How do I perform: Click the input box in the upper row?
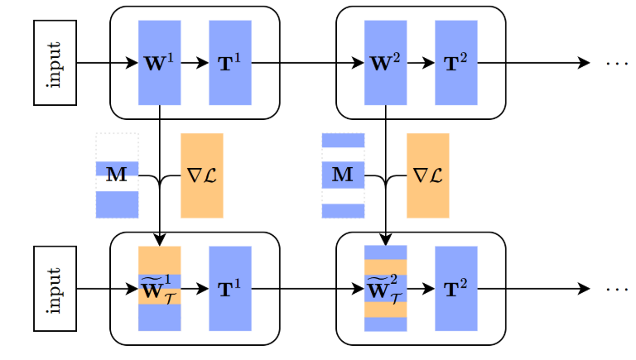(55, 63)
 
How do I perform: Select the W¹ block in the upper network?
(159, 63)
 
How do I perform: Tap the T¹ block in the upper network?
(230, 63)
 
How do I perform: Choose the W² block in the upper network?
(385, 63)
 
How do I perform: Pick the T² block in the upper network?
(456, 63)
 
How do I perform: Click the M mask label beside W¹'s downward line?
(117, 175)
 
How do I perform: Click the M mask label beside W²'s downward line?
(343, 175)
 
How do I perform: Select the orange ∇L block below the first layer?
(202, 175)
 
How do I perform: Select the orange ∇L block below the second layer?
(427, 175)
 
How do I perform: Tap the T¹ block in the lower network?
(230, 289)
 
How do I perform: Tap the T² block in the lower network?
(456, 289)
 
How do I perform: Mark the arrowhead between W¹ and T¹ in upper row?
(201, 63)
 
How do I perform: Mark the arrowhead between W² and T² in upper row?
(427, 63)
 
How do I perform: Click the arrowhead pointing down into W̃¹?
(159, 241)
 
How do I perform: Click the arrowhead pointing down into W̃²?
(385, 241)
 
